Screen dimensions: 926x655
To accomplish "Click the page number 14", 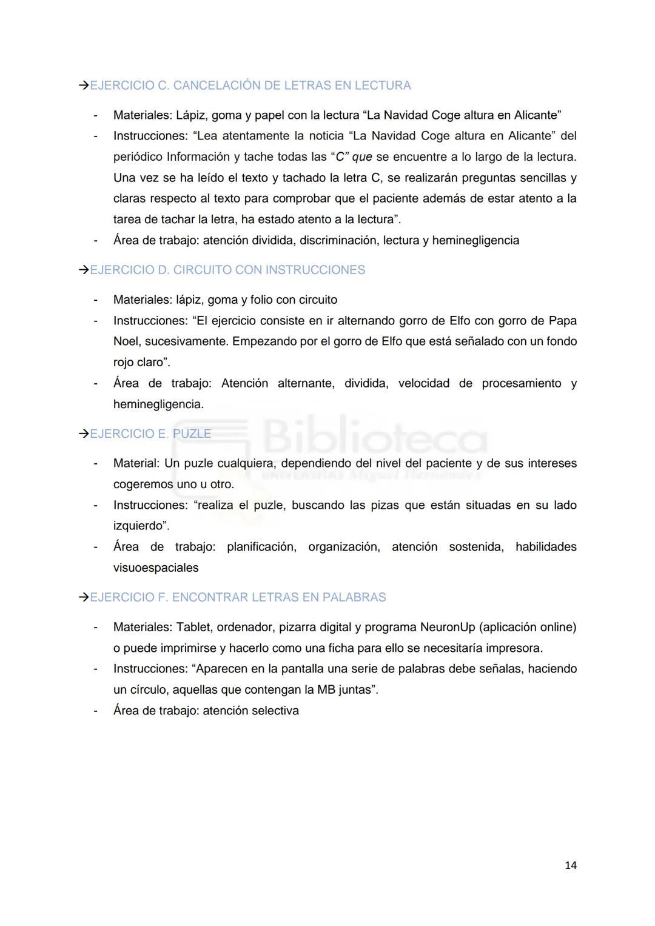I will pyautogui.click(x=570, y=865).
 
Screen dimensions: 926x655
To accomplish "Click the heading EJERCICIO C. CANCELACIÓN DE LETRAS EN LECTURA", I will pyautogui.click(x=250, y=86).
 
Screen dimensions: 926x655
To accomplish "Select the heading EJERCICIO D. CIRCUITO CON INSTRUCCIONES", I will pyautogui.click(x=227, y=270).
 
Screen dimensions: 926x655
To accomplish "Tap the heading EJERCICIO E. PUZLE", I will pyautogui.click(x=150, y=434).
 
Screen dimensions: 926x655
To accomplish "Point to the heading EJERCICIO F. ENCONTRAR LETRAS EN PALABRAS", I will pyautogui.click(x=238, y=597).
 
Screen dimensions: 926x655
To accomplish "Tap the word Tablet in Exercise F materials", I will pyautogui.click(x=193, y=627).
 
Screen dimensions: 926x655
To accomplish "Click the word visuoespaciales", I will pyautogui.click(x=156, y=568).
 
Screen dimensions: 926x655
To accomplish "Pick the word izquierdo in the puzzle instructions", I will pyautogui.click(x=139, y=526).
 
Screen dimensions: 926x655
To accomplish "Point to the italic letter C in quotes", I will pyautogui.click(x=340, y=157).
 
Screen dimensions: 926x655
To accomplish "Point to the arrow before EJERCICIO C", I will pyautogui.click(x=84, y=86).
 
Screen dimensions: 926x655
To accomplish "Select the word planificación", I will pyautogui.click(x=261, y=547).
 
